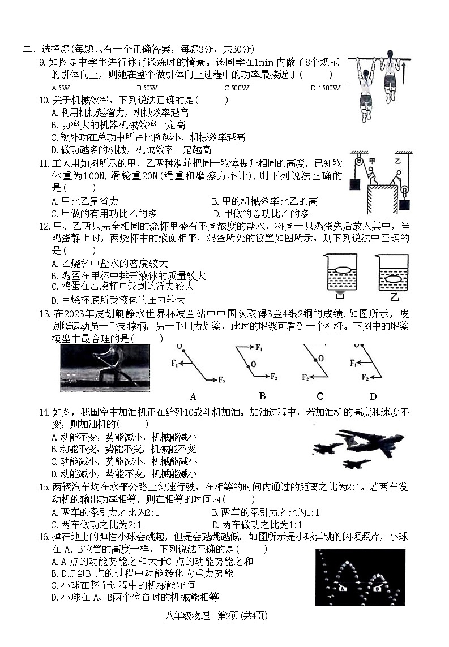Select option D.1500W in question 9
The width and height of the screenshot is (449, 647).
325,88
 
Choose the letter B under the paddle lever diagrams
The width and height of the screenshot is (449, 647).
262,396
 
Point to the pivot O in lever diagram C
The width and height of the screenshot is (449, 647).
320,359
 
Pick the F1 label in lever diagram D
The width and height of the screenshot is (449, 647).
353,363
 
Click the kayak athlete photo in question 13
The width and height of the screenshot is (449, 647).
105,368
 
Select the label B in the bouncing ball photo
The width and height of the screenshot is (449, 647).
377,588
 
